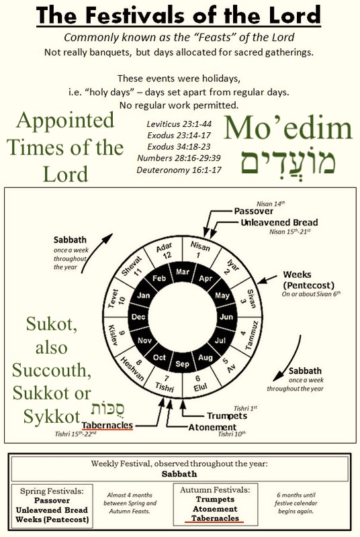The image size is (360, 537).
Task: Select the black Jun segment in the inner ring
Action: point(226,317)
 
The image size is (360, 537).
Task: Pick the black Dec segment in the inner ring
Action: point(138,317)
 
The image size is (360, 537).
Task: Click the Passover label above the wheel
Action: point(253,211)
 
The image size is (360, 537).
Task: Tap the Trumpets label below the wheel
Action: point(227,416)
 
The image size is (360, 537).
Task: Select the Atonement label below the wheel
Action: point(212,428)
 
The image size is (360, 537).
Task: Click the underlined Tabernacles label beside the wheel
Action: point(107,425)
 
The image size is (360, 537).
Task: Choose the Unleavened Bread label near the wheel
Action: point(279,223)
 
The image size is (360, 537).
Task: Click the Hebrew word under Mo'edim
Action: point(287,162)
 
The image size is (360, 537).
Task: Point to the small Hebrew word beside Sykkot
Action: point(107,409)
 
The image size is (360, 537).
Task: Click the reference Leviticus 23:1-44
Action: point(179,124)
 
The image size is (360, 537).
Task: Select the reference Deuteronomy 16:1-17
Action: point(179,170)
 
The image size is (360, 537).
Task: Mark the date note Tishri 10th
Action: point(232,434)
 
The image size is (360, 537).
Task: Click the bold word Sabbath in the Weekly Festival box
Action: point(179,474)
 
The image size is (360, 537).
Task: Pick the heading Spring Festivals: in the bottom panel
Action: point(52,491)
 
